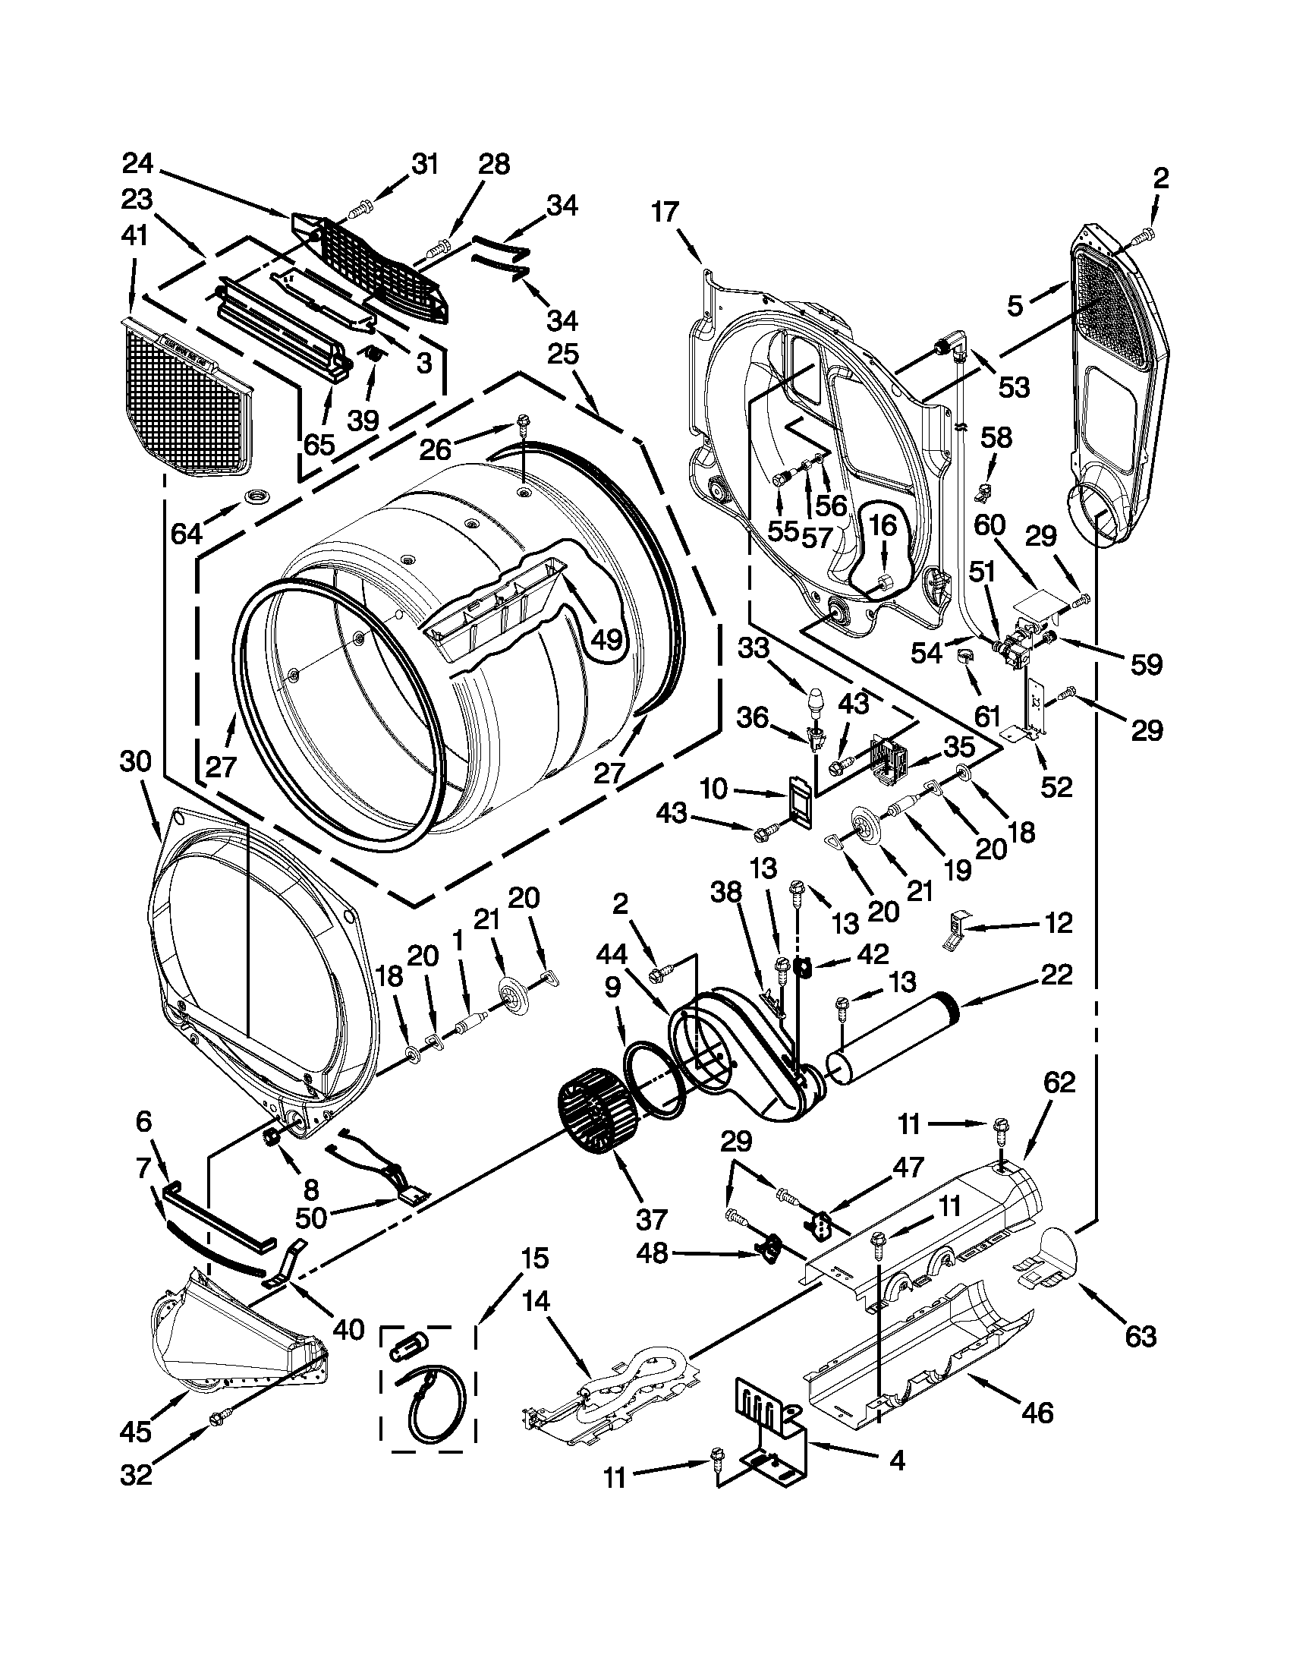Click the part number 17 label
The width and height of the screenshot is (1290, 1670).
coord(665,212)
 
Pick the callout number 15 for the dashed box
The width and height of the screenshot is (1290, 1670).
coord(535,1258)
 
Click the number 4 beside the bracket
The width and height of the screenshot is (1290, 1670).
coord(897,1461)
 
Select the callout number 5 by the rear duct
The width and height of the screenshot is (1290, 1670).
coord(1014,307)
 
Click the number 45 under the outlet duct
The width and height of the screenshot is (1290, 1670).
coord(135,1432)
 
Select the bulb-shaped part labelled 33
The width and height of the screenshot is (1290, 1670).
coord(815,701)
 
